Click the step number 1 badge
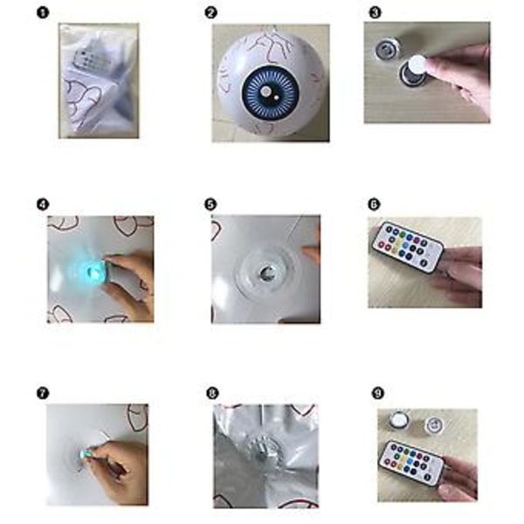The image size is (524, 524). pyautogui.click(x=43, y=13)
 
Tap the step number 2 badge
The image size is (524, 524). pyautogui.click(x=210, y=13)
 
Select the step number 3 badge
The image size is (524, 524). pyautogui.click(x=376, y=13)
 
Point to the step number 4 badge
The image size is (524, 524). pyautogui.click(x=43, y=204)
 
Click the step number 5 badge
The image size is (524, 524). pyautogui.click(x=210, y=204)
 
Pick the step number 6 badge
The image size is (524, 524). pyautogui.click(x=374, y=204)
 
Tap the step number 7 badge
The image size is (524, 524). pyautogui.click(x=43, y=393)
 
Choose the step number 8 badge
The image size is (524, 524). pyautogui.click(x=212, y=393)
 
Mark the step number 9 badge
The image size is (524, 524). pyautogui.click(x=378, y=393)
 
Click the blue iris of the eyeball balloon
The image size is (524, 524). pyautogui.click(x=269, y=93)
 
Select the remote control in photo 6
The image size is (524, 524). pyautogui.click(x=407, y=246)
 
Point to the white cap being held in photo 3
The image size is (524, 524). pyautogui.click(x=417, y=65)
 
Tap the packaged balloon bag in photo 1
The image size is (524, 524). pyautogui.click(x=99, y=80)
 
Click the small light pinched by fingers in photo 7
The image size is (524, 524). pyautogui.click(x=84, y=454)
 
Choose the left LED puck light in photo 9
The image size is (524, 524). pyautogui.click(x=399, y=419)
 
